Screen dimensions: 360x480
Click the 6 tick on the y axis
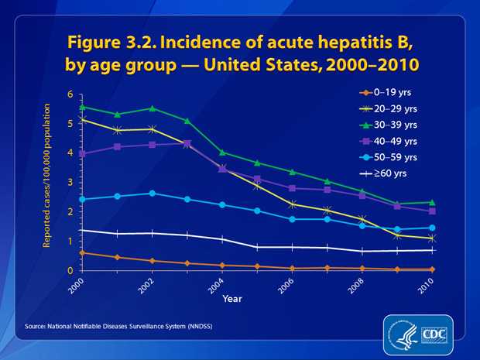pos(70,94)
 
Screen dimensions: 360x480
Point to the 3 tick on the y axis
pos(70,183)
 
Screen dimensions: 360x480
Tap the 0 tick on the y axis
pos(70,270)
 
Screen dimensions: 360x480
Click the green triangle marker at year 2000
pos(83,107)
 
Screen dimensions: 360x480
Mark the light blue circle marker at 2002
pos(153,194)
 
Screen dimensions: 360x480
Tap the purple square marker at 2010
pos(432,211)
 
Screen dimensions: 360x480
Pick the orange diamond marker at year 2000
pos(83,252)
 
